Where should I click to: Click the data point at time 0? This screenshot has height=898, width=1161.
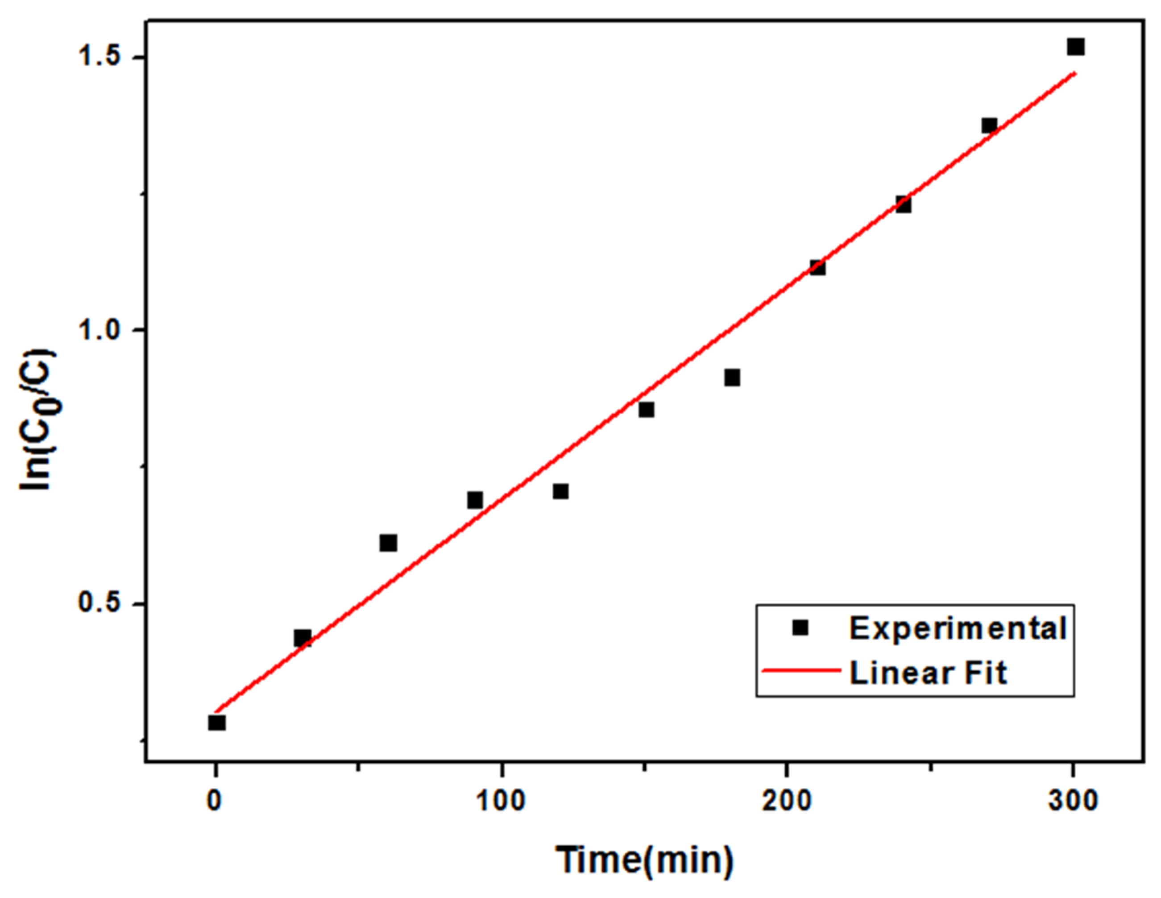coord(217,723)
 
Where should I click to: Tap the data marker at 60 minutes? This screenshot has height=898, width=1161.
coord(389,543)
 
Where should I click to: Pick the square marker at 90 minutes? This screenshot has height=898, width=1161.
coord(475,500)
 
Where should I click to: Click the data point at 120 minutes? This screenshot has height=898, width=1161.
coord(561,491)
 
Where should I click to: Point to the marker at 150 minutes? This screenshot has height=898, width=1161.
coord(647,409)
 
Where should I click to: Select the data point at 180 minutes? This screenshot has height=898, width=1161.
coord(732,378)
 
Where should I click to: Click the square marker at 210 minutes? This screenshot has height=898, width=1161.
coord(817,267)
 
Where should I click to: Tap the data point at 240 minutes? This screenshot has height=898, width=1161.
coord(903,205)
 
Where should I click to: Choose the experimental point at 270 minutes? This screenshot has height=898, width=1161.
coord(989,126)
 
